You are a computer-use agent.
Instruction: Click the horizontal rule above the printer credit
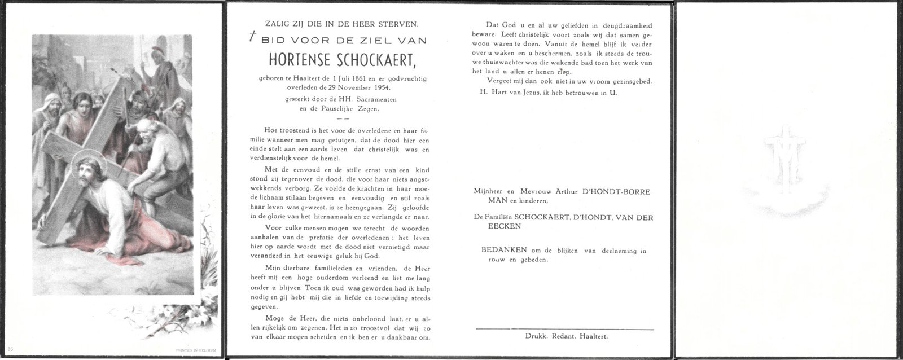(x=564, y=328)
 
